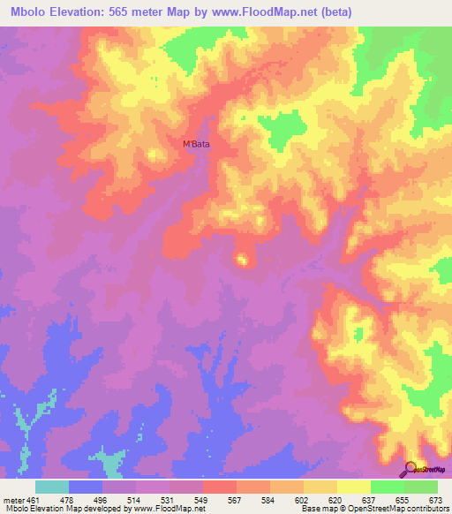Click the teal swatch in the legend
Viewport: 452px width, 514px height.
[52, 486]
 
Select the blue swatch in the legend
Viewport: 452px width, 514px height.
[86, 486]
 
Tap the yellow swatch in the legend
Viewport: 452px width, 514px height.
[320, 486]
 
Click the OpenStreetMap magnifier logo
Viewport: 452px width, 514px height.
[410, 469]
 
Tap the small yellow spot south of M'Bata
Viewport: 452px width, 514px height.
[241, 259]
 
